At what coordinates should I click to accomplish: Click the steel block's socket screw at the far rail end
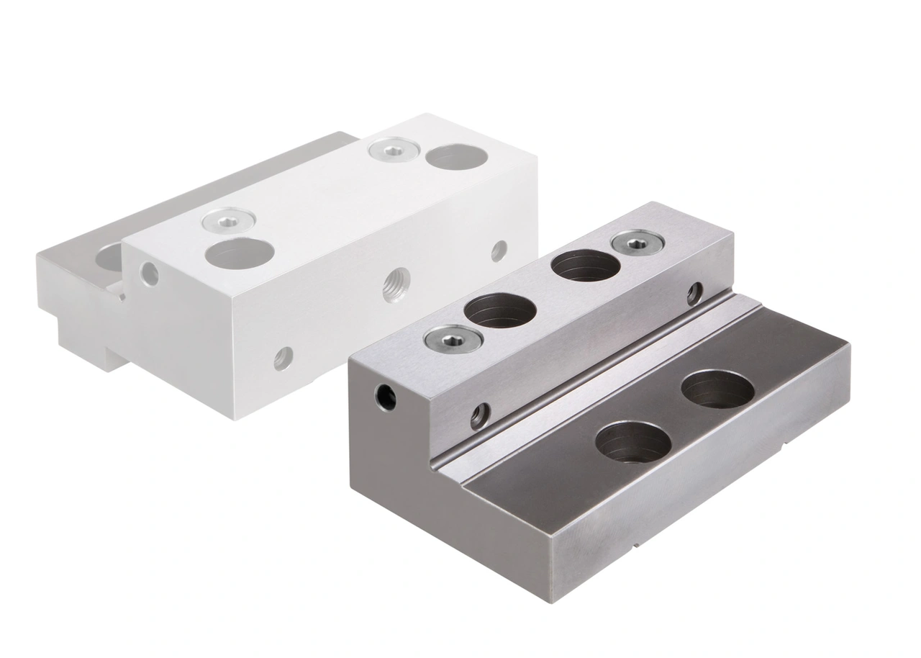(638, 243)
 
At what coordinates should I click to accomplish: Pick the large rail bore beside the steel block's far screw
(586, 266)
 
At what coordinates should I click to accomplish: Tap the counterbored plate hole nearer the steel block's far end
(717, 389)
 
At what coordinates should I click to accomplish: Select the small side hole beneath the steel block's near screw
(480, 415)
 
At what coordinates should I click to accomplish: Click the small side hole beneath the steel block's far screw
(694, 293)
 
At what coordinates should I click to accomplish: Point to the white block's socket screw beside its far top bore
(394, 150)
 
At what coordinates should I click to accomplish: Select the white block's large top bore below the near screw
(240, 252)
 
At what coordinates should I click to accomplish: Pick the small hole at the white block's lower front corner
(283, 358)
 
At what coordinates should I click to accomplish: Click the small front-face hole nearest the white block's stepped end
(150, 274)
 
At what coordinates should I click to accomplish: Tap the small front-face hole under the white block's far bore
(499, 251)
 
